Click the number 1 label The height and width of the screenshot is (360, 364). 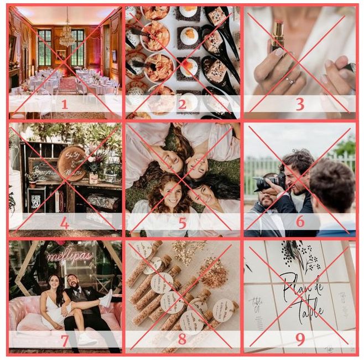click(64, 104)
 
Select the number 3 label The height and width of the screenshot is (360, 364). click(299, 104)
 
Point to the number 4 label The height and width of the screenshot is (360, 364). click(64, 223)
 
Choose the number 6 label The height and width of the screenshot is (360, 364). click(300, 222)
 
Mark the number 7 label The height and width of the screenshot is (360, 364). click(64, 340)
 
